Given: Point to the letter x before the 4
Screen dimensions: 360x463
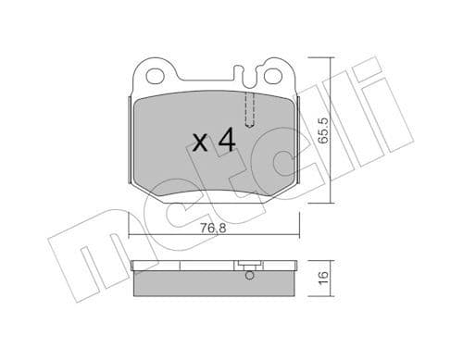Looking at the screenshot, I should tap(198, 143).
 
